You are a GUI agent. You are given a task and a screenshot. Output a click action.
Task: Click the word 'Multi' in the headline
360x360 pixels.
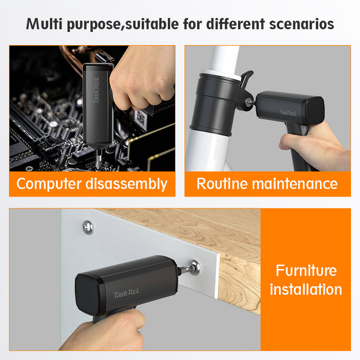44,24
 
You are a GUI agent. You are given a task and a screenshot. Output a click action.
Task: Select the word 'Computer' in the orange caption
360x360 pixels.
49,184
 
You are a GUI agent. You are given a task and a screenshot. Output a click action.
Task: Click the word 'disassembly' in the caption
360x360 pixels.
126,184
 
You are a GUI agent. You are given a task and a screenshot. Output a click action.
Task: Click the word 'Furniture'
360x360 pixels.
306,270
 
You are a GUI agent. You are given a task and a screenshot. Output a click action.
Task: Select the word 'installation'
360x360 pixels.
306,289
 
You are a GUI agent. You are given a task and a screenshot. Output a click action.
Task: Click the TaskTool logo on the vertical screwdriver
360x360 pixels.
96,90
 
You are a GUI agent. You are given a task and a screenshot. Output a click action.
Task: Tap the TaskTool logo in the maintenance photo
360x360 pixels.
288,112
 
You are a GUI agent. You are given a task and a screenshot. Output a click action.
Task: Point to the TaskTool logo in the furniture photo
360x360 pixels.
126,293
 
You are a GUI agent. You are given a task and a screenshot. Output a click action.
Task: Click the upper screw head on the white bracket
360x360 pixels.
88,227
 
